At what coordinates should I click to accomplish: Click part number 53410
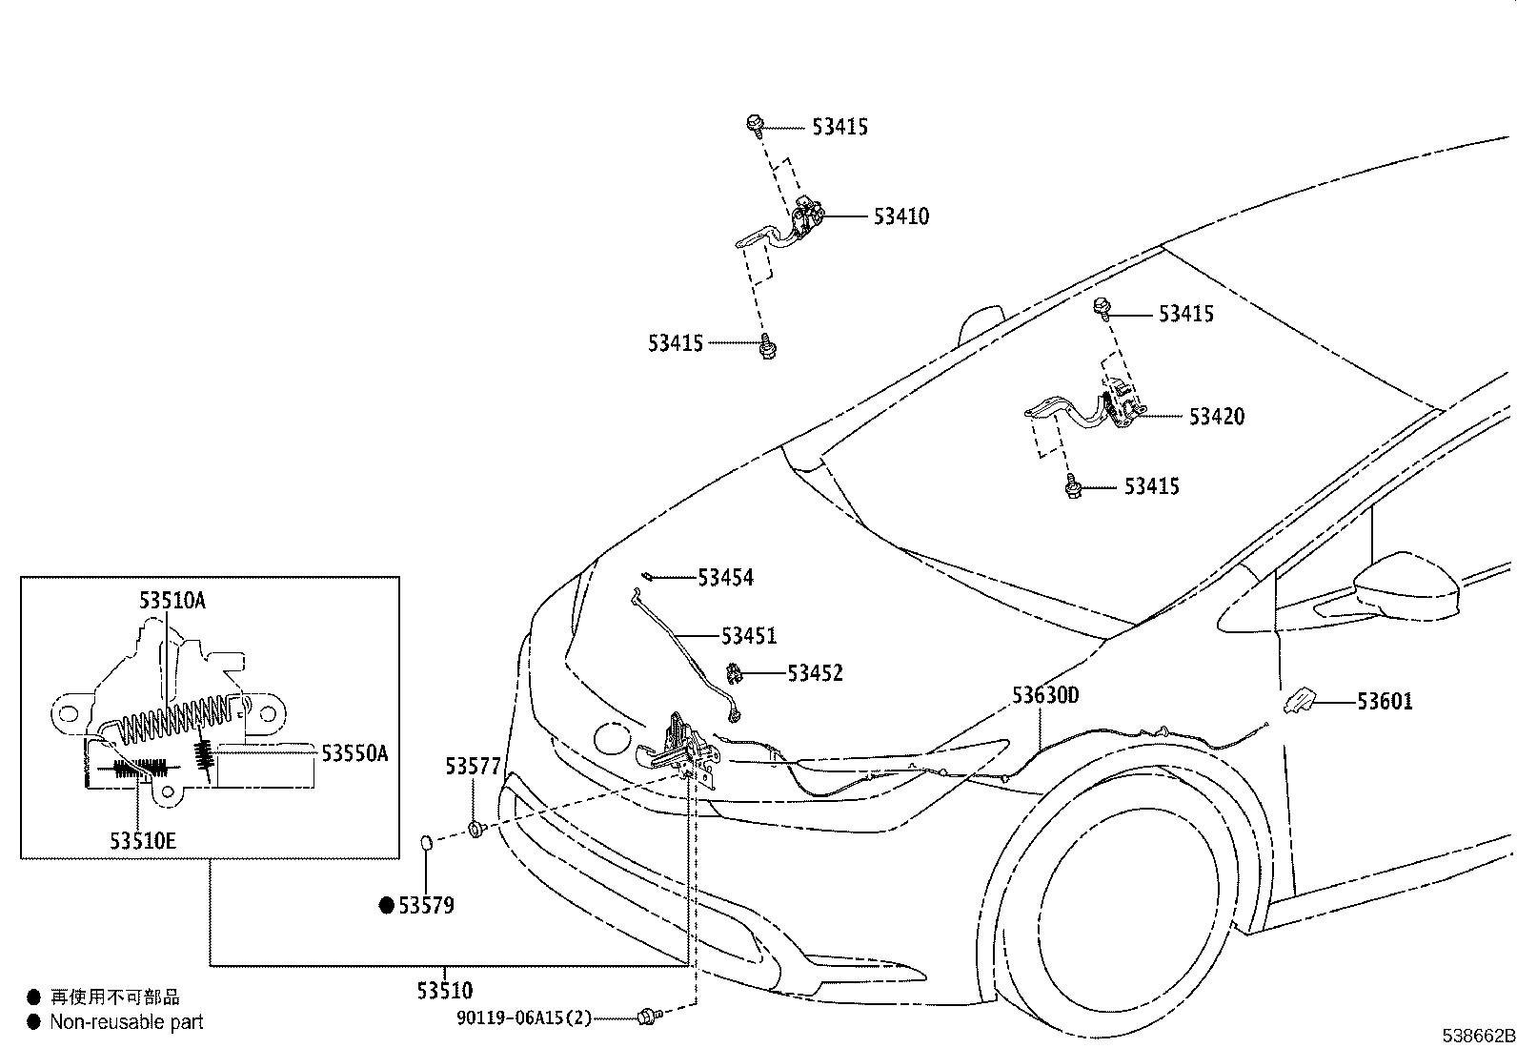tap(900, 216)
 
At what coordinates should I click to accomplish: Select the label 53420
tap(1216, 417)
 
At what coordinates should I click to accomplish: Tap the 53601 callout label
tap(1385, 702)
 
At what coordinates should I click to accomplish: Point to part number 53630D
tap(1045, 695)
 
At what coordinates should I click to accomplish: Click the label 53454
tap(725, 578)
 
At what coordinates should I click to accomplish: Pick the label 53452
tap(815, 673)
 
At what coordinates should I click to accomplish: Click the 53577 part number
tap(474, 767)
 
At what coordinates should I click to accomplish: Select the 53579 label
tap(426, 906)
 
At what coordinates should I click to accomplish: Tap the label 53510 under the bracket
tap(444, 991)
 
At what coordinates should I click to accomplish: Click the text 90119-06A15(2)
tap(523, 1018)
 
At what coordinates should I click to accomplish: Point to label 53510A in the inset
tap(172, 601)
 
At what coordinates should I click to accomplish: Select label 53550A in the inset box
tap(354, 754)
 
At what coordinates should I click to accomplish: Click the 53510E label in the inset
tap(143, 841)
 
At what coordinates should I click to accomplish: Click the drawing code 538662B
tap(1477, 1037)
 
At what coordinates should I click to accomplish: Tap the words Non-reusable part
tap(127, 1022)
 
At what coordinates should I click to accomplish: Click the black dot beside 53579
tap(387, 906)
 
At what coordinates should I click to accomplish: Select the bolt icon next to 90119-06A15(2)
tap(648, 1017)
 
